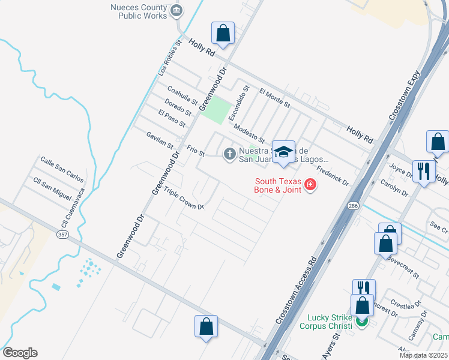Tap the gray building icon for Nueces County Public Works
[176, 10]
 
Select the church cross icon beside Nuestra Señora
[229, 154]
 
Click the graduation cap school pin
[283, 152]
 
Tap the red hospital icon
[310, 184]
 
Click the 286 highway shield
[354, 206]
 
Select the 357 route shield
[62, 234]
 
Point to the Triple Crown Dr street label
[184, 200]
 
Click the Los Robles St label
[170, 58]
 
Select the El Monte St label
[274, 98]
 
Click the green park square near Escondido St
[215, 108]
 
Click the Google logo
[20, 353]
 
